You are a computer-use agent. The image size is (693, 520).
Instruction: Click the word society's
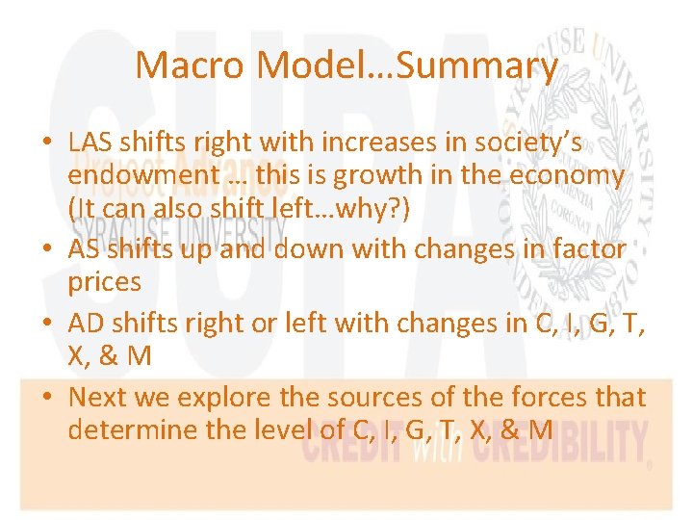click(529, 142)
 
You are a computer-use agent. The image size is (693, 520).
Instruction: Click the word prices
click(104, 283)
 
